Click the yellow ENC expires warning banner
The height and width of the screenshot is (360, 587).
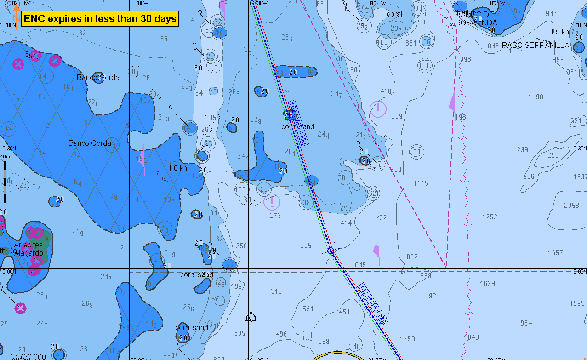100,19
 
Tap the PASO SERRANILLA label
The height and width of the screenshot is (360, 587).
536,45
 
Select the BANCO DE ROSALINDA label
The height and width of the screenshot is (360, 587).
476,18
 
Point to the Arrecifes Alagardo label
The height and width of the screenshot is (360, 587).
28,249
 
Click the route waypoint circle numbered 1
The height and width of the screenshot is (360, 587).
330,251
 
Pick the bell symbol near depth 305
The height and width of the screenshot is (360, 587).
251,317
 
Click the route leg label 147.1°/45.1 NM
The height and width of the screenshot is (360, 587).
373,303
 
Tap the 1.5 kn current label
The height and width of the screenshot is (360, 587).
559,32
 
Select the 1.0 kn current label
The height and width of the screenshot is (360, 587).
177,168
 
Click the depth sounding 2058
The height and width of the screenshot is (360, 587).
571,206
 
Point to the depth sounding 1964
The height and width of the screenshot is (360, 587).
524,323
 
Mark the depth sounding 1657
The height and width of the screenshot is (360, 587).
555,253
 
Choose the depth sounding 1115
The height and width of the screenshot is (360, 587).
421,183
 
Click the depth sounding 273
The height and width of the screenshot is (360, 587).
275,215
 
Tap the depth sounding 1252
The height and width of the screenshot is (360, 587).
490,217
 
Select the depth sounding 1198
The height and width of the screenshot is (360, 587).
536,97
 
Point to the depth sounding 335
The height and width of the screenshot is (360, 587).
306,245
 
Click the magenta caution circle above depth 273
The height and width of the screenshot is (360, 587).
272,201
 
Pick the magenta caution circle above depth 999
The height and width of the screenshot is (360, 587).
378,109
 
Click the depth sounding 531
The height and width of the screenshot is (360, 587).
308,309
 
